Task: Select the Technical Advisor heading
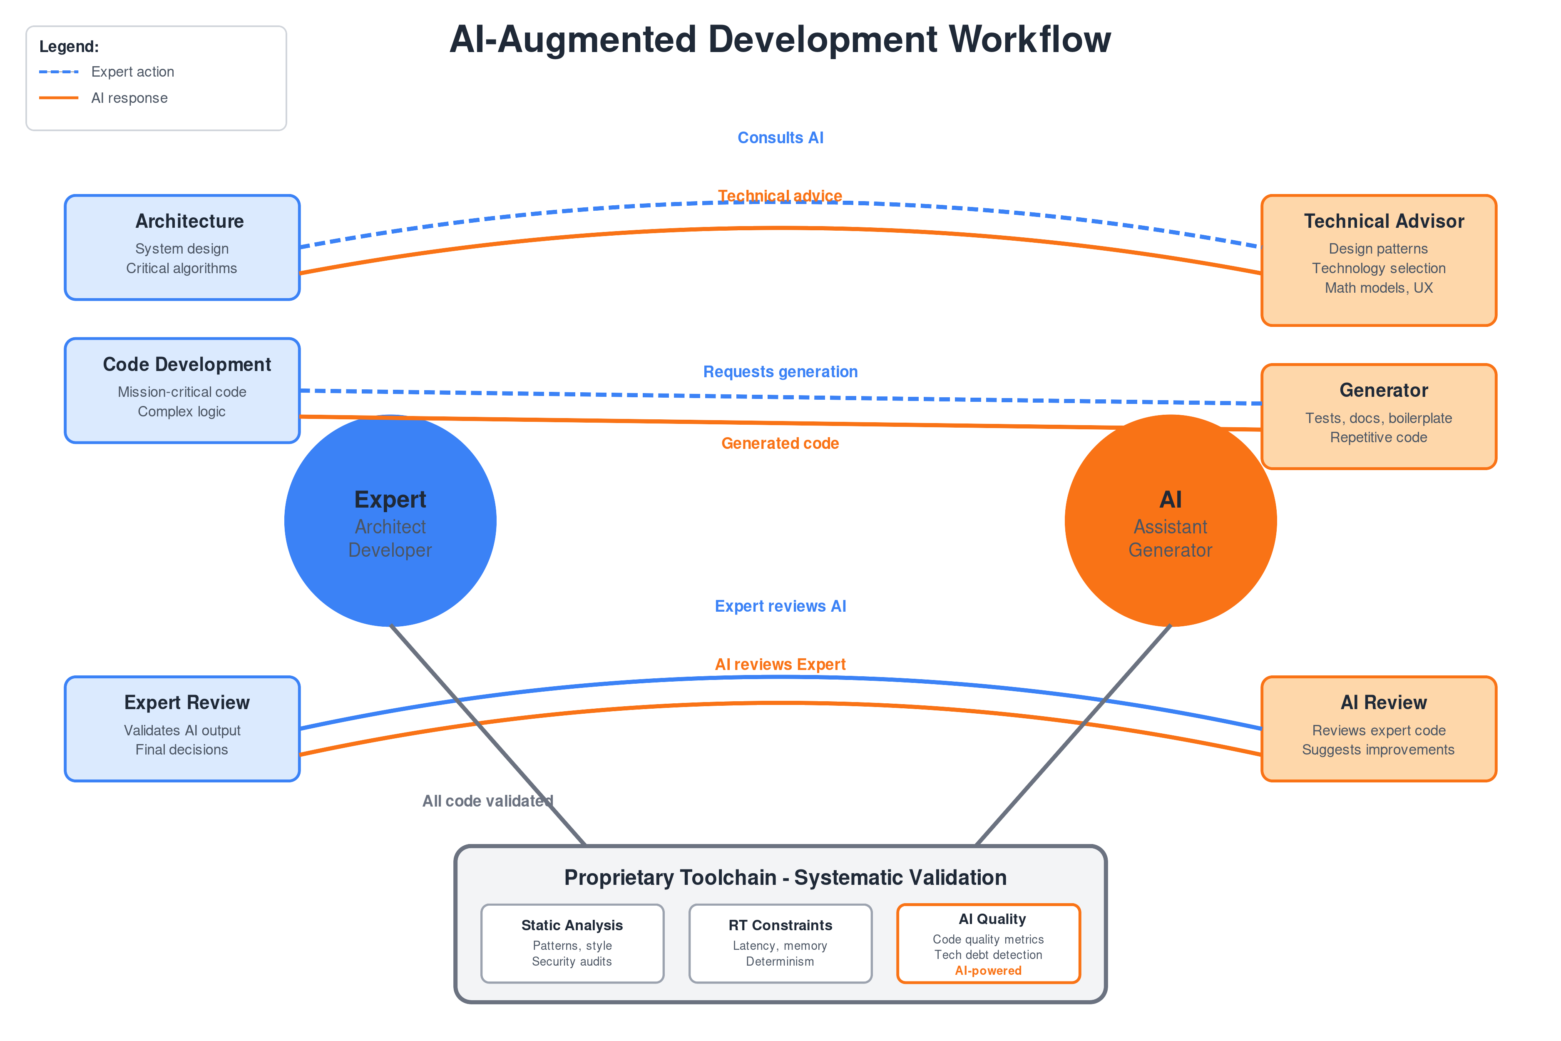(x=1383, y=221)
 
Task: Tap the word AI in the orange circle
(x=1170, y=499)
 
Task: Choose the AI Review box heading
(x=1383, y=702)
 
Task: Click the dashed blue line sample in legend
(x=58, y=72)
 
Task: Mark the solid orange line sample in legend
(x=58, y=97)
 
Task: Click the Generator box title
(x=1383, y=391)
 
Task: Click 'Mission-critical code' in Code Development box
(x=182, y=392)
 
